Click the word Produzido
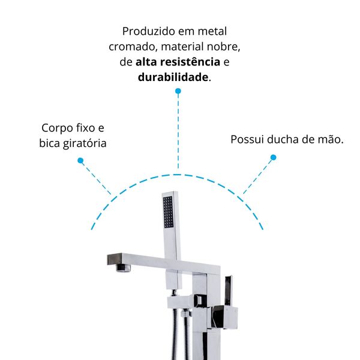point(149,31)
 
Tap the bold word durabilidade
point(173,77)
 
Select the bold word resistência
point(190,62)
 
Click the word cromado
point(133,47)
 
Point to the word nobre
point(223,47)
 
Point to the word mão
point(331,139)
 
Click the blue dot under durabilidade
point(178,91)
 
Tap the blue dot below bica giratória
point(80,160)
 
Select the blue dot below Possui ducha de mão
point(273,157)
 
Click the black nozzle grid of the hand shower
point(168,212)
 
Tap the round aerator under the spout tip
point(123,268)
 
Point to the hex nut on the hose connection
point(186,313)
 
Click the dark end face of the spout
point(115,259)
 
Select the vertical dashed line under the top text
point(178,131)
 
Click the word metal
point(212,31)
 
